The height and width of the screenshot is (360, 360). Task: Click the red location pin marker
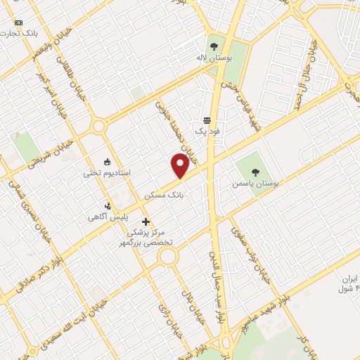pos(180,165)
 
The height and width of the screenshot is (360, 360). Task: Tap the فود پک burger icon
pos(207,120)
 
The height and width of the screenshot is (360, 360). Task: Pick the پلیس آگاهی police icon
pos(108,205)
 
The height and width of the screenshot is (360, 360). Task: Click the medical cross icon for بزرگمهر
pos(146,222)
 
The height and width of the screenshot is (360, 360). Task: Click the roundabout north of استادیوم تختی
pos(98,127)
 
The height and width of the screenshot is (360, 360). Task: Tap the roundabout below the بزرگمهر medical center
pos(167,255)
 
